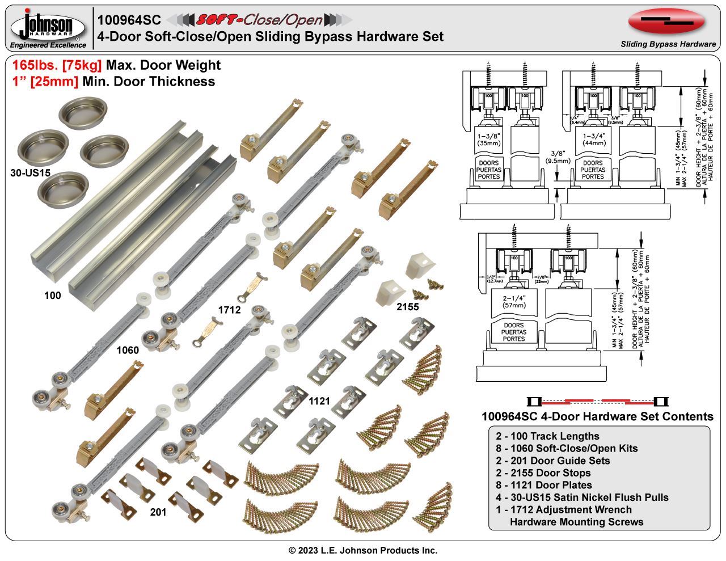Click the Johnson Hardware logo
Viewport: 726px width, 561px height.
(x=49, y=27)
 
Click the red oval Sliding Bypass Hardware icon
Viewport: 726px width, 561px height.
(x=666, y=22)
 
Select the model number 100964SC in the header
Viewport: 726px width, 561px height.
(x=129, y=20)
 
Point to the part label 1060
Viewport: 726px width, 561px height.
(x=127, y=350)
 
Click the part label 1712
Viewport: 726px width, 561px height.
(x=229, y=310)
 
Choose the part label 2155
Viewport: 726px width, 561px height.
(x=407, y=307)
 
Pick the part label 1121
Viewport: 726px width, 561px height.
(x=319, y=401)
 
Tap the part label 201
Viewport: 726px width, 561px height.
(x=158, y=512)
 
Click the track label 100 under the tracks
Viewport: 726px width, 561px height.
(x=52, y=295)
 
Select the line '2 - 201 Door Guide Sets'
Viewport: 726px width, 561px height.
(x=552, y=461)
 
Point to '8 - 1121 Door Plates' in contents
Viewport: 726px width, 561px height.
(x=543, y=485)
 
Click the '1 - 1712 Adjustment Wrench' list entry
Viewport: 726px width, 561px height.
(x=563, y=509)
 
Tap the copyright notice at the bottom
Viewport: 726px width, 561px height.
(x=363, y=550)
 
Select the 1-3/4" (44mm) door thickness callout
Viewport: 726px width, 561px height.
(x=593, y=140)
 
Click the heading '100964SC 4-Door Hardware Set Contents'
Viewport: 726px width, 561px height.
(x=597, y=416)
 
